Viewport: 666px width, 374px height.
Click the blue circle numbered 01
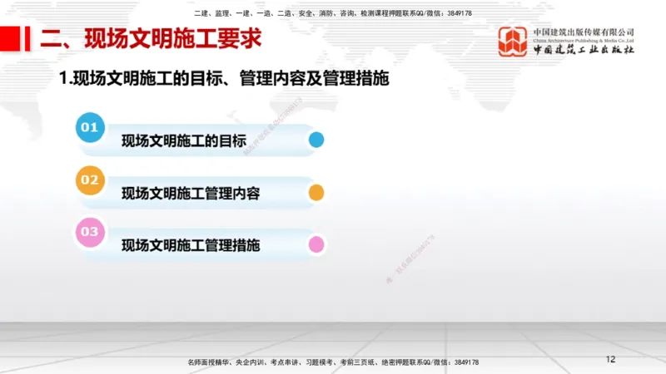(90, 128)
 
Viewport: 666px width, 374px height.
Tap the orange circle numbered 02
(90, 180)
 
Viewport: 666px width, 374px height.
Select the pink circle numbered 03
(90, 232)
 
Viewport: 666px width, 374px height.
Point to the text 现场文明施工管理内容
(191, 194)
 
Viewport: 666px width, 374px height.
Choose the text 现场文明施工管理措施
(191, 246)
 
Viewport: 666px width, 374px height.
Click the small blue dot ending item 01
(316, 140)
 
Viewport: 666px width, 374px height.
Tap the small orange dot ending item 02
(316, 193)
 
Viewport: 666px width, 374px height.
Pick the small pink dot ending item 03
(316, 245)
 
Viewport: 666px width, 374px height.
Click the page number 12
(610, 359)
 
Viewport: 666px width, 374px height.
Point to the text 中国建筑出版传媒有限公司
(584, 32)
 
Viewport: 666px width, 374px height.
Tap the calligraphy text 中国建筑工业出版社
(584, 50)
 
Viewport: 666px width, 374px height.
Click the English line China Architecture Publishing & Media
(584, 40)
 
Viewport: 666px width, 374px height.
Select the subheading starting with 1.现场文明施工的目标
(225, 80)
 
